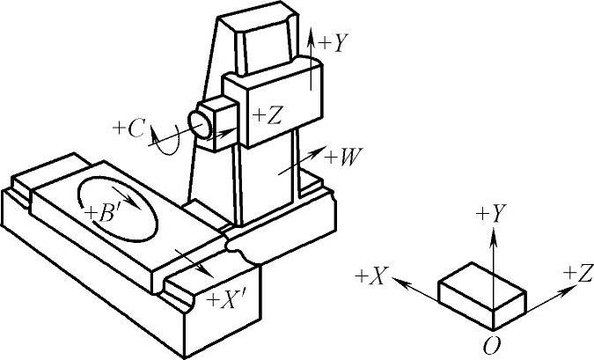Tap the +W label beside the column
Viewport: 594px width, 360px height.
tap(342, 159)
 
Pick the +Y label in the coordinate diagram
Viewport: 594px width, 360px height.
tap(491, 214)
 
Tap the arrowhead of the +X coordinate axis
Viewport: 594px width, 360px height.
tap(397, 282)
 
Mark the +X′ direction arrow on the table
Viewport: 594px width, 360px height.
tap(194, 261)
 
